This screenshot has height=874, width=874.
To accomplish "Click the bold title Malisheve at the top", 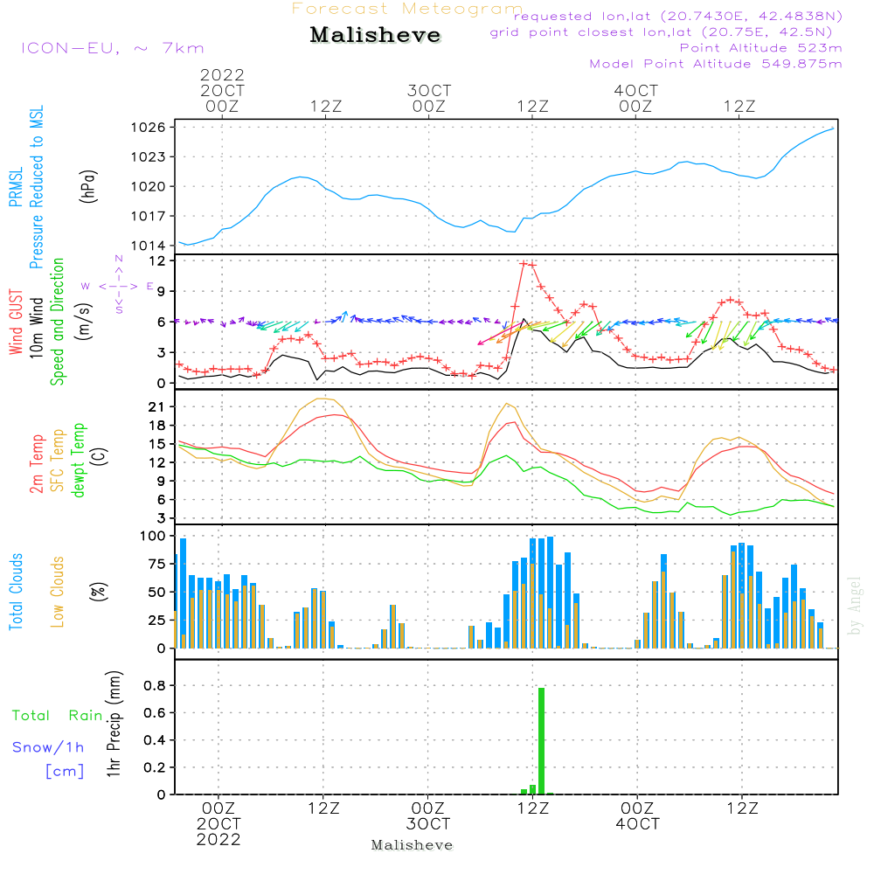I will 376,36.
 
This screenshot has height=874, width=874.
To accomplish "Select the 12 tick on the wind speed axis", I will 157,261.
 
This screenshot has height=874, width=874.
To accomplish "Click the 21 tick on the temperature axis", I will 157,407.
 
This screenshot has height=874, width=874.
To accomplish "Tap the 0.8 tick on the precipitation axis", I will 156,686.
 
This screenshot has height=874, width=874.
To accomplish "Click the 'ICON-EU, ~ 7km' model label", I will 113,48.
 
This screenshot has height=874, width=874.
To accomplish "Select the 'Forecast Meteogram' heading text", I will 407,9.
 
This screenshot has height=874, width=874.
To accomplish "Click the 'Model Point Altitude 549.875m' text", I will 716,64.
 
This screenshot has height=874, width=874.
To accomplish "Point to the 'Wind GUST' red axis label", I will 16,323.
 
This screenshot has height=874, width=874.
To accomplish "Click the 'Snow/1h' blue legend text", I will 48,747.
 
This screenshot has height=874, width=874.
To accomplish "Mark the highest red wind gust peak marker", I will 524,263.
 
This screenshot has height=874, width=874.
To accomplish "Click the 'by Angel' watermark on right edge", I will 855,606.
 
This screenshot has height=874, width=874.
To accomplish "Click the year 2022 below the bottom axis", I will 218,840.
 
